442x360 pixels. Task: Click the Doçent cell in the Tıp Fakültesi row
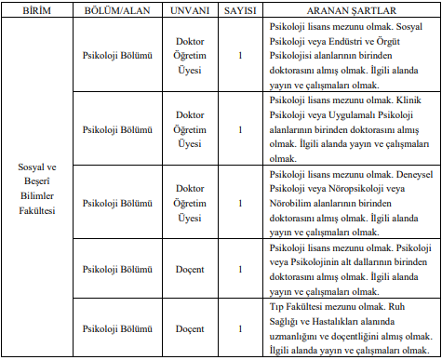click(x=189, y=329)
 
